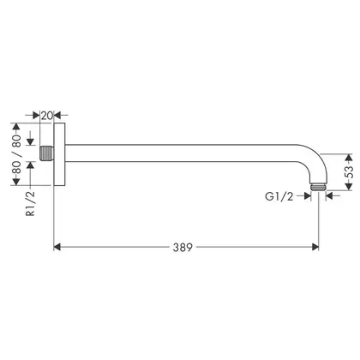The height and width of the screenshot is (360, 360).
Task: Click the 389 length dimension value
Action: click(x=183, y=247)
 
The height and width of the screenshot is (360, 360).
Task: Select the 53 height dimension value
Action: click(x=349, y=172)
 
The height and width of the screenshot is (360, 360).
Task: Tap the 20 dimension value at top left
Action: click(x=47, y=116)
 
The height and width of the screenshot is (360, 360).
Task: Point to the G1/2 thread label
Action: click(x=279, y=196)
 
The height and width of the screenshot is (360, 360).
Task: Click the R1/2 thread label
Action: click(x=30, y=203)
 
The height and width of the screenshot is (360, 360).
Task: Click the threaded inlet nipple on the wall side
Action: click(x=46, y=153)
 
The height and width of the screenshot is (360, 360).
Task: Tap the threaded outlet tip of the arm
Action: click(x=318, y=187)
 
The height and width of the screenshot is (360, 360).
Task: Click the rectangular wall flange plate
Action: click(x=60, y=154)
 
